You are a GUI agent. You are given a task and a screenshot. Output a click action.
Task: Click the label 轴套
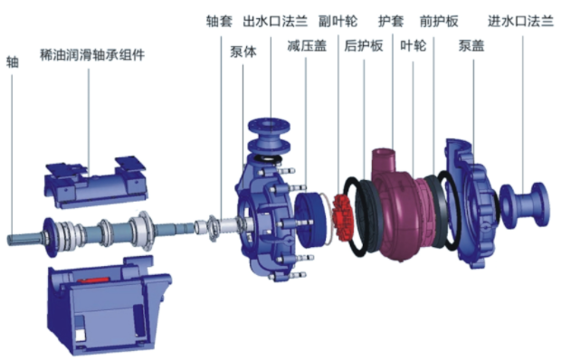tap(219, 21)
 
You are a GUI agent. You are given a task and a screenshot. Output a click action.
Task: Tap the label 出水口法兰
tap(275, 21)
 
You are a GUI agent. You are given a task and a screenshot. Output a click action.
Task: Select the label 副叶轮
tap(338, 21)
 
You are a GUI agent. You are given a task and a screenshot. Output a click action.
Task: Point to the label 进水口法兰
tap(520, 21)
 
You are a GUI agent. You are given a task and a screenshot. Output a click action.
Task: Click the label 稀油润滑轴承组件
tap(92, 54)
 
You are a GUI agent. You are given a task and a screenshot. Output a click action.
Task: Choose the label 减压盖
tap(307, 46)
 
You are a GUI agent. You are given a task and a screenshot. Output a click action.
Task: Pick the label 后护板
tap(364, 46)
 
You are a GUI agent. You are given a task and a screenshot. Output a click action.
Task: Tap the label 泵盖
tap(471, 46)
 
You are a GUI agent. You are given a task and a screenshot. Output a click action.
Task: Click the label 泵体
tap(243, 52)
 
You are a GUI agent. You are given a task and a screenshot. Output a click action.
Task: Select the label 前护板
tap(439, 21)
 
